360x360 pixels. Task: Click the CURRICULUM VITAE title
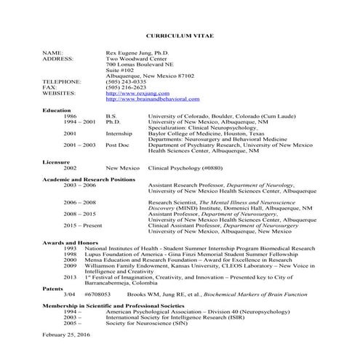coord(180,35)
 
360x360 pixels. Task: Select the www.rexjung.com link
coord(131,93)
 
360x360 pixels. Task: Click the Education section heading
coord(57,110)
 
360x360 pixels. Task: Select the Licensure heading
coord(57,161)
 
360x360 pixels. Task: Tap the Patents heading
coord(54,288)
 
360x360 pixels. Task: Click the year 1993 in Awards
coord(70,248)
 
